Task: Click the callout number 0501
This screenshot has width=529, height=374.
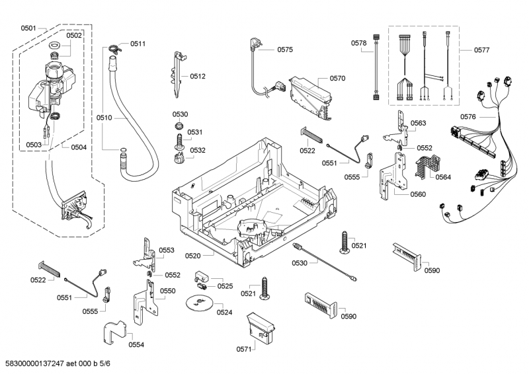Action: click(28, 28)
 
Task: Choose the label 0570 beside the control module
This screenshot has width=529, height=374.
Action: click(337, 78)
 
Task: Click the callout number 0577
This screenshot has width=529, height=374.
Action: click(482, 50)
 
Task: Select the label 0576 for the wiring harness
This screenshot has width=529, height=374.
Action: click(468, 117)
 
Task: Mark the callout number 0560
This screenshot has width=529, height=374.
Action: click(417, 194)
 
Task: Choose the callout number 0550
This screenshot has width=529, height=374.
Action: click(167, 291)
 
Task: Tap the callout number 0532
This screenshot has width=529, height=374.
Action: click(197, 150)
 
